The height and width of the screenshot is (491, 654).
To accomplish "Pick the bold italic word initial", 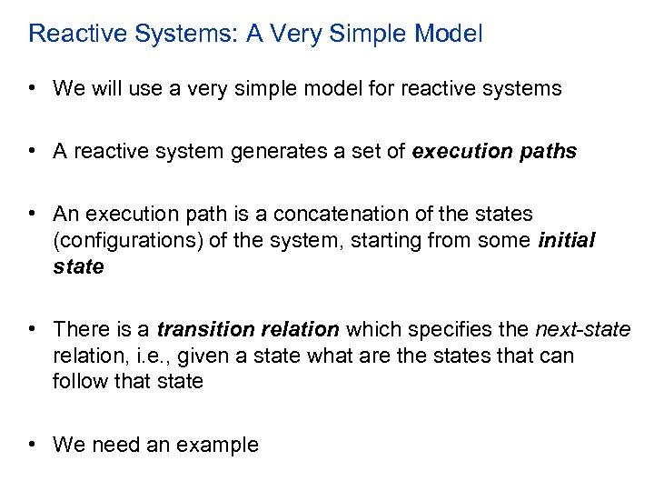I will pos(567,241).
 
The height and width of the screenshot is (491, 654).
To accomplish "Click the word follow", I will pos(78,382).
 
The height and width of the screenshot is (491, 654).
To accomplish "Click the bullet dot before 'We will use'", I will pos(32,88).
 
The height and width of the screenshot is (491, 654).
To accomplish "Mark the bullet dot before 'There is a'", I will pos(32,329).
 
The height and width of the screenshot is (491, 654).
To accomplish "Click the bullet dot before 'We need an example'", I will pos(32,445).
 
